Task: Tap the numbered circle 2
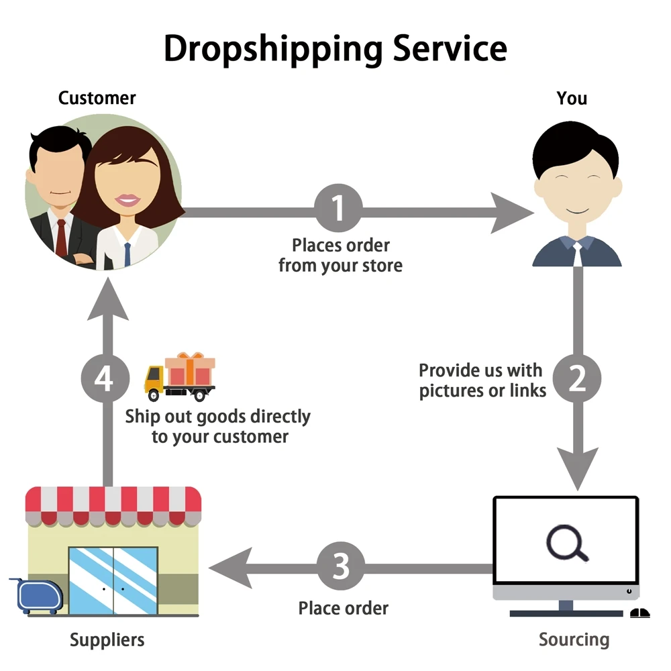(x=577, y=380)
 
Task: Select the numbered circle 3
(x=341, y=566)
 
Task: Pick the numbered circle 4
(x=104, y=379)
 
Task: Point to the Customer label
(x=97, y=98)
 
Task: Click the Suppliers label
(x=107, y=639)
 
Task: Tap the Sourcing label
(x=574, y=639)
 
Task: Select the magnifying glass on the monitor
(x=566, y=543)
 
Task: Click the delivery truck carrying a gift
(x=180, y=376)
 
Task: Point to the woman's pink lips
(x=128, y=199)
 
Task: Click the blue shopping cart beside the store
(x=38, y=596)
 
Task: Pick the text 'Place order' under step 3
(x=343, y=609)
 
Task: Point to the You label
(x=572, y=98)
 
